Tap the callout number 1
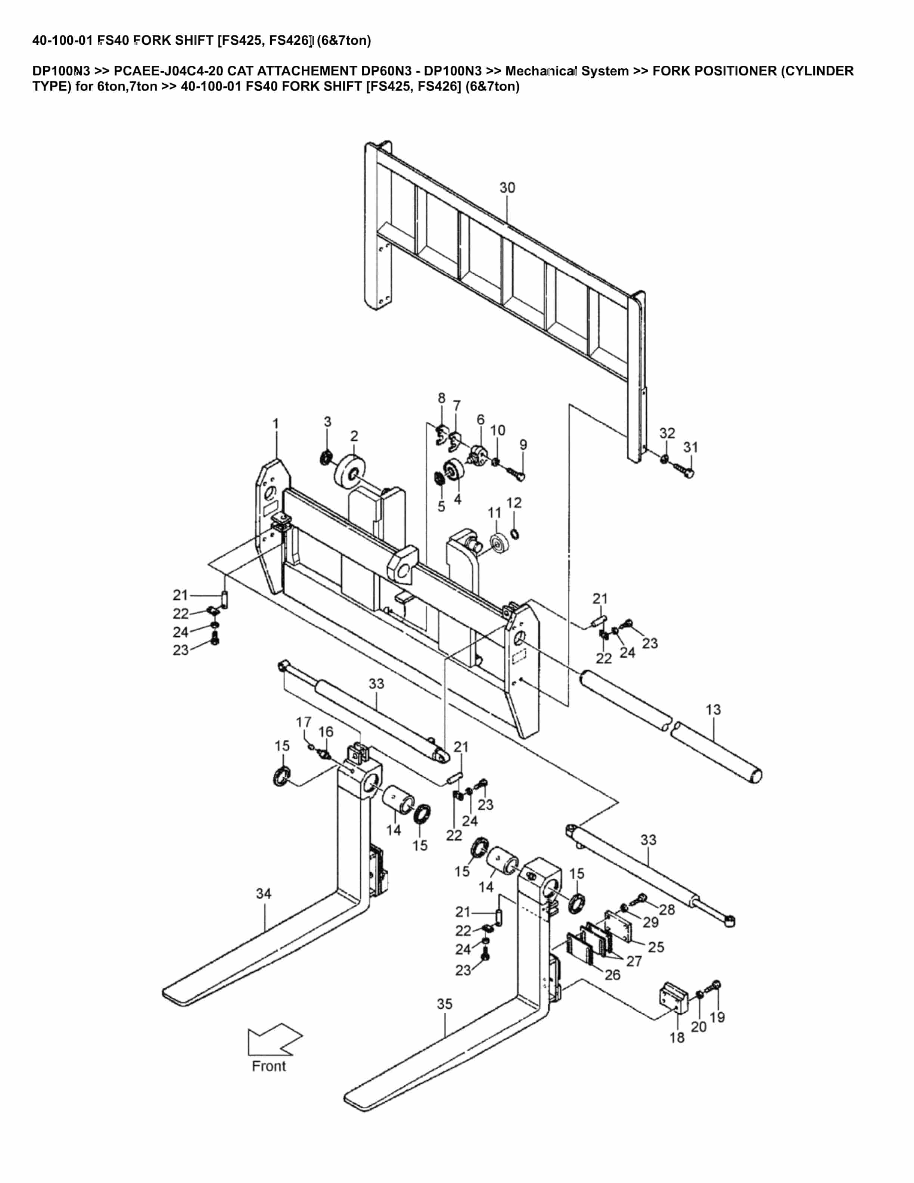pyautogui.click(x=276, y=423)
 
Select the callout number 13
pyautogui.click(x=713, y=709)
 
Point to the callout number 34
pyautogui.click(x=264, y=893)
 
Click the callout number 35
pyautogui.click(x=445, y=1004)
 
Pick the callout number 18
pyautogui.click(x=677, y=1037)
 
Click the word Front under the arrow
pyautogui.click(x=268, y=1066)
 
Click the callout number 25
pyautogui.click(x=656, y=947)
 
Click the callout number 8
pyautogui.click(x=441, y=398)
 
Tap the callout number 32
pyautogui.click(x=667, y=433)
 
